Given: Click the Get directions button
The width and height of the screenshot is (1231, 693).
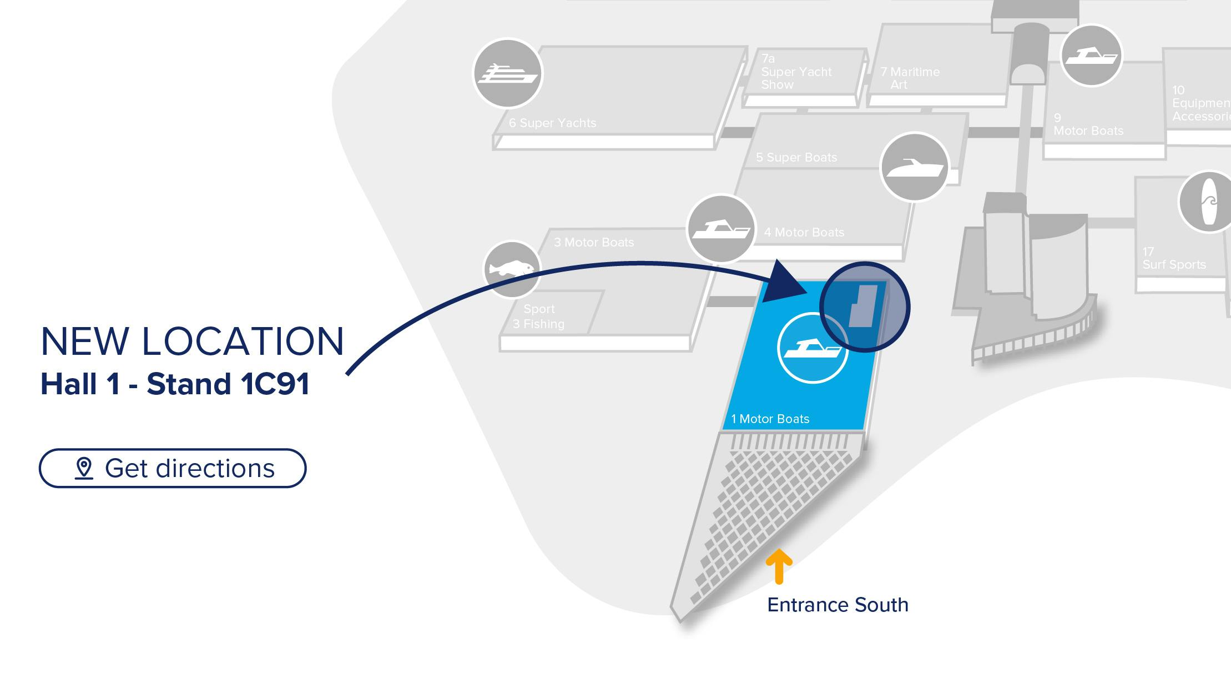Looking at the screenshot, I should pyautogui.click(x=172, y=468).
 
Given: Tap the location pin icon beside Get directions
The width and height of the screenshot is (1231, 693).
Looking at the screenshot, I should pyautogui.click(x=84, y=468).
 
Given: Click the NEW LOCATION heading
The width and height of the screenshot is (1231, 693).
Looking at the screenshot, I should pyautogui.click(x=192, y=341).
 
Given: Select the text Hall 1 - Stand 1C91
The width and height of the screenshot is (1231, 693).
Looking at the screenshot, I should pyautogui.click(x=175, y=384).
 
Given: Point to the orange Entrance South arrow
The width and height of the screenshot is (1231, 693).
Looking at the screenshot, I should pyautogui.click(x=779, y=566).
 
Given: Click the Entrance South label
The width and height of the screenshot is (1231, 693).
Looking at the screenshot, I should pyautogui.click(x=837, y=605).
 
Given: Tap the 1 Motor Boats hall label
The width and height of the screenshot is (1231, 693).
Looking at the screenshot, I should pyautogui.click(x=770, y=419).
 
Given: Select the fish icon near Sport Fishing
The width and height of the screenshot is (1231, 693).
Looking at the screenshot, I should pyautogui.click(x=512, y=269).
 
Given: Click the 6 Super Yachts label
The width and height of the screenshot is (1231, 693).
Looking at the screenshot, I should pyautogui.click(x=552, y=123).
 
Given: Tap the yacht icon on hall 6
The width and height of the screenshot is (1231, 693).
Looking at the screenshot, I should pyautogui.click(x=507, y=73).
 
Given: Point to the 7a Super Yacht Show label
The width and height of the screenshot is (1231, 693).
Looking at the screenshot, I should pyautogui.click(x=796, y=72).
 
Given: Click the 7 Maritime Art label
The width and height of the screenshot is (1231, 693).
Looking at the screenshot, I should pyautogui.click(x=910, y=78).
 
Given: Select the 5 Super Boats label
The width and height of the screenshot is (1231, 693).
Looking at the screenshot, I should pyautogui.click(x=796, y=158).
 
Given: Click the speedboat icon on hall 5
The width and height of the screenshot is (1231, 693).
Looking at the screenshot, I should pyautogui.click(x=914, y=167).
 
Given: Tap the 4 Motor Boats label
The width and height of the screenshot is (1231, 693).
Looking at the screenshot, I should pyautogui.click(x=804, y=233).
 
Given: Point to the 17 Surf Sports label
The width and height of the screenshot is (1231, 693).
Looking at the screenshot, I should pyautogui.click(x=1173, y=259).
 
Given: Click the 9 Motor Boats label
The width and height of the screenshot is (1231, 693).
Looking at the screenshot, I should pyautogui.click(x=1087, y=125).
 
